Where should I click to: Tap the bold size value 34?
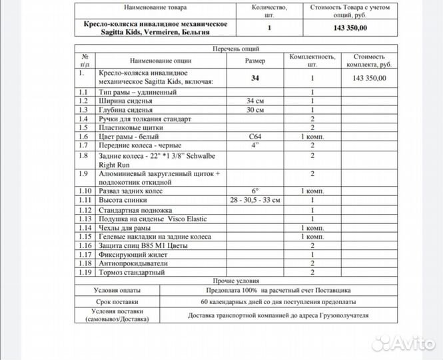(x=254, y=78)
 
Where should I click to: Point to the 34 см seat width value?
(x=254, y=101)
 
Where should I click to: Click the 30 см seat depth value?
(x=254, y=109)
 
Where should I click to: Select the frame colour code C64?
(x=254, y=136)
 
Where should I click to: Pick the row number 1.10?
(x=84, y=191)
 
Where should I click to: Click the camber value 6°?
(x=254, y=191)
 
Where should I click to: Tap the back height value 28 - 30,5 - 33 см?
(x=254, y=200)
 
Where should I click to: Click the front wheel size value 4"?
(x=254, y=145)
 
